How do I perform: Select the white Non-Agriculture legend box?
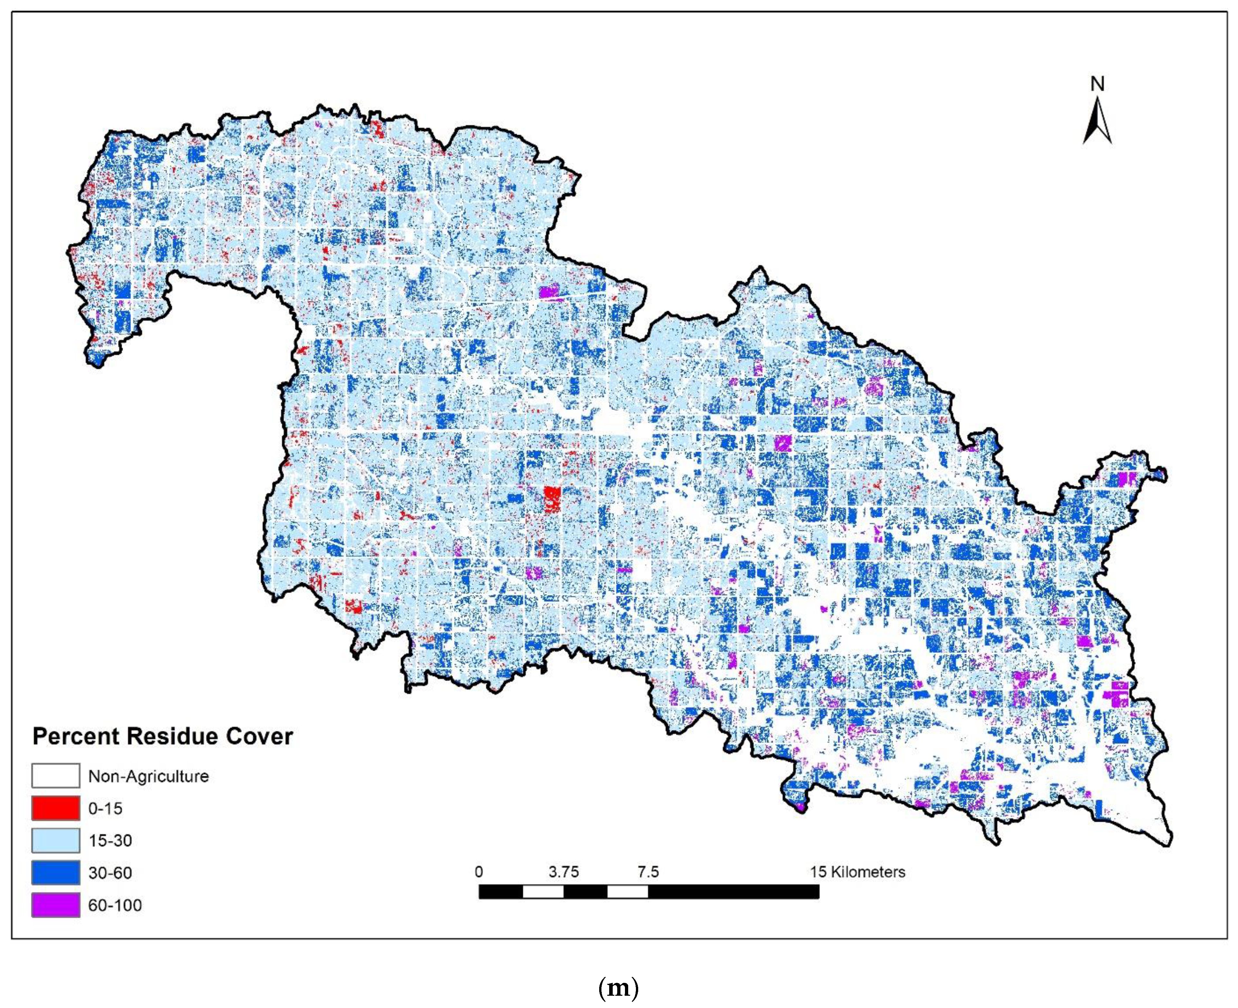[x=56, y=776]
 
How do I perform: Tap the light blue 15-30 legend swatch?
[x=56, y=840]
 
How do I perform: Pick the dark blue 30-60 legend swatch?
[x=56, y=873]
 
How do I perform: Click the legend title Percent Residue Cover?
[x=162, y=736]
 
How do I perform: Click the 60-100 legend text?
[x=115, y=905]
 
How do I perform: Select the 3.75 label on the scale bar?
[x=564, y=872]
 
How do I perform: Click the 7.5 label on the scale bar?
[x=648, y=872]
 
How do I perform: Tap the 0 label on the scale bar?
[x=478, y=872]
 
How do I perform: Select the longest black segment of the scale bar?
[x=734, y=891]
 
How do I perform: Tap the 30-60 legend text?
[x=110, y=873]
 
